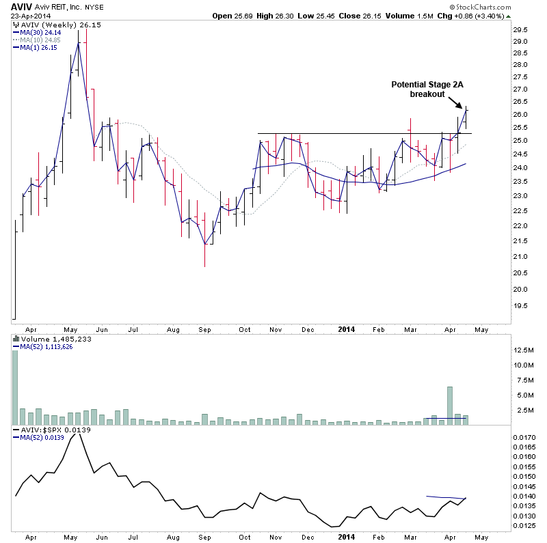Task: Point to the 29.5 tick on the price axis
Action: click(521, 29)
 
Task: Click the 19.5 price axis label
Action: click(521, 306)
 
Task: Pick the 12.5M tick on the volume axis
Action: click(523, 350)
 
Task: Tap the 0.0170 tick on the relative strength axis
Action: click(524, 436)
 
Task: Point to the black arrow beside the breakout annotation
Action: click(454, 102)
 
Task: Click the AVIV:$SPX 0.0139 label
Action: click(45, 430)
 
